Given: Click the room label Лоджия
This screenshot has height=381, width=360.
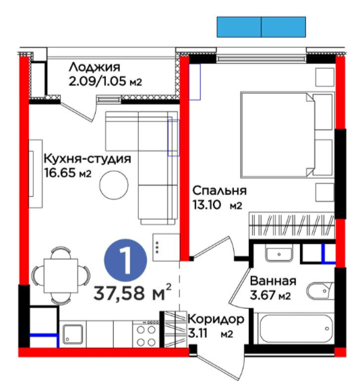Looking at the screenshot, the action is (94, 67).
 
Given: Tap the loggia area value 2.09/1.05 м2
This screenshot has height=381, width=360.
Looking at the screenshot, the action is (105, 82).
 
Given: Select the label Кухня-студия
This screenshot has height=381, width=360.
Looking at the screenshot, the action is (88, 159).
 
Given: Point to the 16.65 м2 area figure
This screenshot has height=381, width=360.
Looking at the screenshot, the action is (68, 173).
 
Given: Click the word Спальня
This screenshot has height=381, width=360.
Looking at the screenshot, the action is (219, 191).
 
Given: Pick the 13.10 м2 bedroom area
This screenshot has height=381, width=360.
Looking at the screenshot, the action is (217, 205).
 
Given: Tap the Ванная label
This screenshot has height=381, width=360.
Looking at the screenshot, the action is (273, 281).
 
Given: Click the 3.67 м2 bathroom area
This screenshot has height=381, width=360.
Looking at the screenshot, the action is (270, 295).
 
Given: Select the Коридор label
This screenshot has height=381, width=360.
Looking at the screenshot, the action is (216, 319).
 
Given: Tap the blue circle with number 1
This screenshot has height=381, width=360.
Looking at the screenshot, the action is (125, 260).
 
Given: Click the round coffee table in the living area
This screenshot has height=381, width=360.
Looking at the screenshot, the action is (114, 185).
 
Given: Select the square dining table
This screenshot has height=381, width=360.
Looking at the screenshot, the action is (61, 276).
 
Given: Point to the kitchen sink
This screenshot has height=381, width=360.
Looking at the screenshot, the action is (73, 334).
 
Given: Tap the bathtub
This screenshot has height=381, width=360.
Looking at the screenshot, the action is (296, 328).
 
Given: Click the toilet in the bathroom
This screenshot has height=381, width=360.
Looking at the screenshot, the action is (321, 291).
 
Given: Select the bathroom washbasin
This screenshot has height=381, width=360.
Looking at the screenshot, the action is (279, 253).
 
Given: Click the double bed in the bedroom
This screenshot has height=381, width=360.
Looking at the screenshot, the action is (287, 135).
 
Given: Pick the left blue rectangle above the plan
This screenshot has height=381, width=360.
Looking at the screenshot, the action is (239, 27).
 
